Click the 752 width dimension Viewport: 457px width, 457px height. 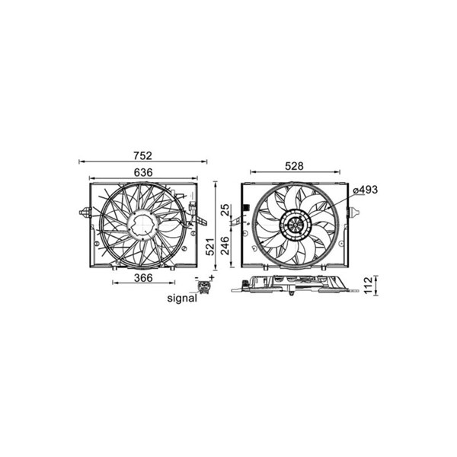pos(143,155)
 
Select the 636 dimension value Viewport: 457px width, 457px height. pos(143,173)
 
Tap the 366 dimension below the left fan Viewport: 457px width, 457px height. pos(143,278)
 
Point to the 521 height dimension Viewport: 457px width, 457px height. pos(210,246)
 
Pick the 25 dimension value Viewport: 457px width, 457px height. pos(225,210)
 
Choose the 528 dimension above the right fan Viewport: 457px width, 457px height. pos(294,166)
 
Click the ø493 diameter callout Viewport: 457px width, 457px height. pos(365,190)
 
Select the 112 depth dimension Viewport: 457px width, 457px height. pos(368,286)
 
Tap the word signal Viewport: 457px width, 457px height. pos(182,298)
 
